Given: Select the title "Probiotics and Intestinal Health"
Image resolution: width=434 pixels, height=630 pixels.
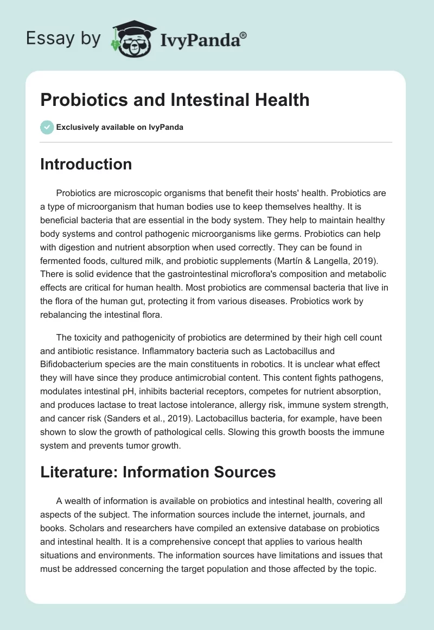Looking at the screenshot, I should (175, 100).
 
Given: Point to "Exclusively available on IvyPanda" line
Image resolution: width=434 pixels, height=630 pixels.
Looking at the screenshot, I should (120, 127).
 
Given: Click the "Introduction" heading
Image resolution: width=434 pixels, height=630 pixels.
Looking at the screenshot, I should (86, 164).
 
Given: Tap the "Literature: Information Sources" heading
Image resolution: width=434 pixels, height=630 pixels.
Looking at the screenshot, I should (158, 472).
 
